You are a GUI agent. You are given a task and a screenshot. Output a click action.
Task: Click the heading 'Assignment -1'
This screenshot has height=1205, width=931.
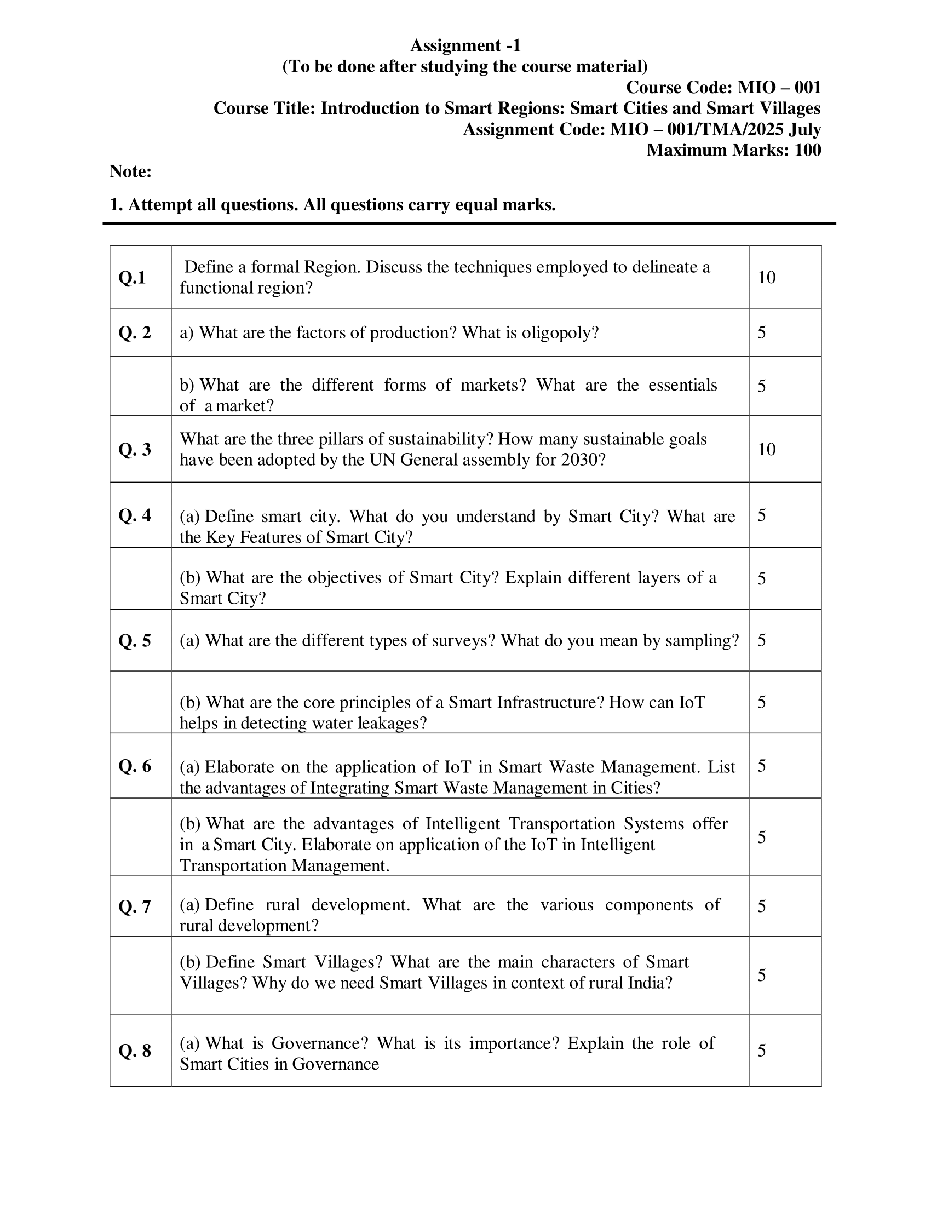point(465,45)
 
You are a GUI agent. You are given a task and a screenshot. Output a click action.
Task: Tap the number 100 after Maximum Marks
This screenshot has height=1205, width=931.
point(807,150)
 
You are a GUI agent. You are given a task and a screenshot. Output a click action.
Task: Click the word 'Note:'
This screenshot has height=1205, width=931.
point(131,171)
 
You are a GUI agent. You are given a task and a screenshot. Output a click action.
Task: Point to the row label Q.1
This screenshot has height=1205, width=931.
point(133,278)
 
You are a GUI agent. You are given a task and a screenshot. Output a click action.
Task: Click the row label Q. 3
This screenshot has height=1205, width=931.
point(135,450)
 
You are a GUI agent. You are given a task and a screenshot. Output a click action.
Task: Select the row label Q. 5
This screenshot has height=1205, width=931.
point(135,641)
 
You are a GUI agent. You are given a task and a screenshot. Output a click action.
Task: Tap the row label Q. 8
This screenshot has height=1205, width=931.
point(135,1051)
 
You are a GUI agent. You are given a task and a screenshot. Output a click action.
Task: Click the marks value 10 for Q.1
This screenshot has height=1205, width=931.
point(767,278)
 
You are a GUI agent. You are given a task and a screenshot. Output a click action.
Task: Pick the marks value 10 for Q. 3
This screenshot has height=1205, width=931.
point(767,450)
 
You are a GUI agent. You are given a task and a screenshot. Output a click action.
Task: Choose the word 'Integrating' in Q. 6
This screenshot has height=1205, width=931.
point(350,788)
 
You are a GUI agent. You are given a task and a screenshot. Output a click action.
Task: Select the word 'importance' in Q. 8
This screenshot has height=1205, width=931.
point(514,1043)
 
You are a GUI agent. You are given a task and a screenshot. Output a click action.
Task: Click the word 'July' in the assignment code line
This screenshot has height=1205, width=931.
point(804,129)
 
